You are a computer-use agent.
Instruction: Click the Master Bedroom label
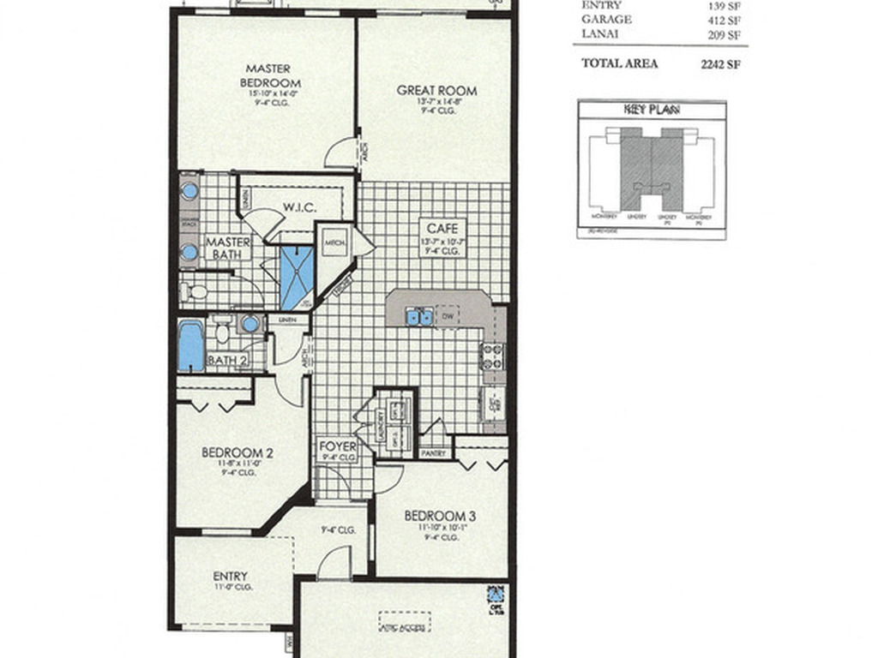click(x=268, y=75)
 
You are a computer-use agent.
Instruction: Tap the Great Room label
click(x=436, y=90)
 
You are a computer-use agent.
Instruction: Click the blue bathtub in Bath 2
click(x=191, y=345)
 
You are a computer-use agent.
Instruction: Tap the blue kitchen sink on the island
click(x=419, y=317)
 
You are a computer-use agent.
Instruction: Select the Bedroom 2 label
click(x=238, y=452)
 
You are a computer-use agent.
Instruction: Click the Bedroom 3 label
click(x=440, y=516)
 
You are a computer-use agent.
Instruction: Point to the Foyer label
click(x=337, y=446)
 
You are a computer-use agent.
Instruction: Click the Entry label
click(x=230, y=577)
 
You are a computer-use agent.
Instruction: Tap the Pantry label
click(x=433, y=453)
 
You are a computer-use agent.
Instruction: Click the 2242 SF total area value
click(x=720, y=63)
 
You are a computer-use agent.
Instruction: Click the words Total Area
click(x=620, y=63)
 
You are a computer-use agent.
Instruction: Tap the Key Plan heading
click(x=652, y=109)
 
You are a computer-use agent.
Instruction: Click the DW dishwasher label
click(x=448, y=316)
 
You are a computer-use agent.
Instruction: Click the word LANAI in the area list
click(x=600, y=33)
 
